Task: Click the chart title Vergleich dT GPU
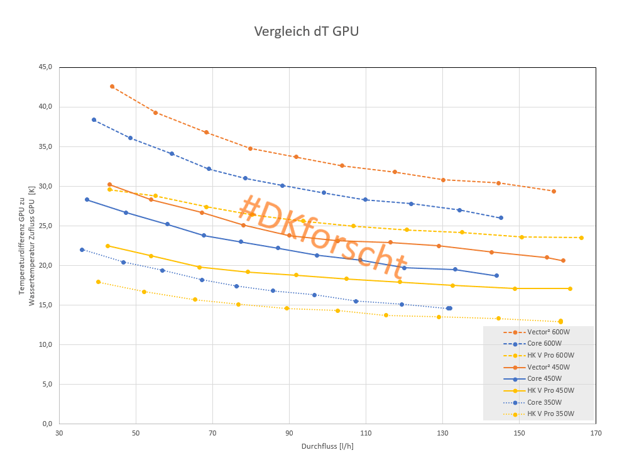[x=306, y=31]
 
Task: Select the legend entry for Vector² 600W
[x=549, y=332]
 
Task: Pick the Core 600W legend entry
[x=544, y=344]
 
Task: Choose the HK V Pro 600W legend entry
[x=550, y=355]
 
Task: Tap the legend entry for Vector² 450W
[x=549, y=367]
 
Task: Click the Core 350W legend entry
[x=544, y=402]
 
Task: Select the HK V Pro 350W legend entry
[x=550, y=414]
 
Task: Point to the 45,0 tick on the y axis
[x=46, y=67]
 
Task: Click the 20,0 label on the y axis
[x=46, y=266]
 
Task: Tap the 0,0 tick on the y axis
[x=48, y=424]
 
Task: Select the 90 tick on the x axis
[x=289, y=433]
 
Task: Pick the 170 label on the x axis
[x=596, y=433]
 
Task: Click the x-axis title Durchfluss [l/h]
[x=327, y=446]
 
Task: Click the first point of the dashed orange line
[x=112, y=87]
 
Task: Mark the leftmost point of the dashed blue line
[x=94, y=119]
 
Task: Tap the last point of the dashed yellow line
[x=581, y=238]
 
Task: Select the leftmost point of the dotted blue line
[x=82, y=249]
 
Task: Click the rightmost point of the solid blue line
[x=496, y=275]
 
